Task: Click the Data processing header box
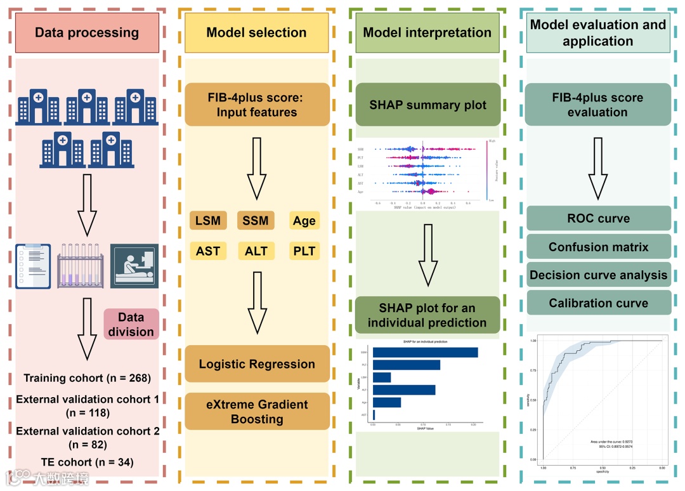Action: point(87,33)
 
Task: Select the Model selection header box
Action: point(256,33)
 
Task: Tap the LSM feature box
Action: point(208,221)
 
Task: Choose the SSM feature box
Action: point(256,221)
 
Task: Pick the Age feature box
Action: point(304,221)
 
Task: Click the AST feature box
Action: point(208,251)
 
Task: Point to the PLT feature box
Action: point(304,251)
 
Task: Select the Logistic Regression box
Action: point(257,364)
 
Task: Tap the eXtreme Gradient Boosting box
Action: point(257,412)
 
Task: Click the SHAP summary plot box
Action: point(427,105)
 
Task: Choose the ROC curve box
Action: point(598,218)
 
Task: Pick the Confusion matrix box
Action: point(598,247)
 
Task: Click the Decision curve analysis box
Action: point(598,275)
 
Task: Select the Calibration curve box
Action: point(598,303)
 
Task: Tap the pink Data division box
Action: point(131,324)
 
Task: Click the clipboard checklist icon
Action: point(32,266)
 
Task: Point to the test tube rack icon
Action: point(80,266)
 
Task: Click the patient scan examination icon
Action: point(134,266)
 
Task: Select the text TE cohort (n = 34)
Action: point(87,462)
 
